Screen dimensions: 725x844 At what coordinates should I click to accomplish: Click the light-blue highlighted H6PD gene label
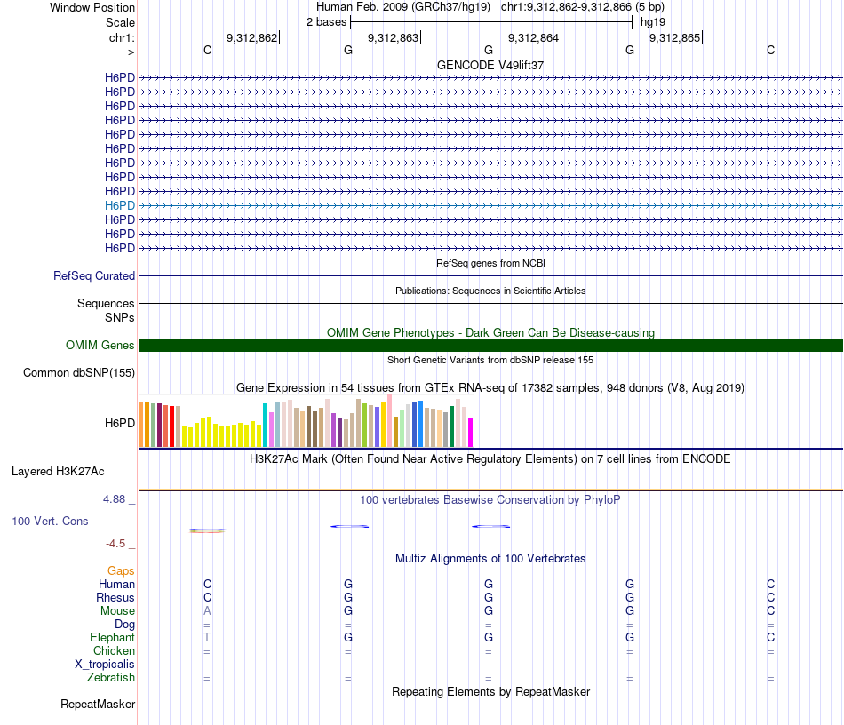tap(119, 205)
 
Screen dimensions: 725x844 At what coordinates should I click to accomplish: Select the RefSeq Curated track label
tap(94, 276)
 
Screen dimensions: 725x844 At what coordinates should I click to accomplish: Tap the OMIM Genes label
tap(100, 346)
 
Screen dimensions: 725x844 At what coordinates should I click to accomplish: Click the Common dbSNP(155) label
tap(79, 373)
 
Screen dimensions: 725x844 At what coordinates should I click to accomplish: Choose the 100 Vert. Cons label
tap(51, 521)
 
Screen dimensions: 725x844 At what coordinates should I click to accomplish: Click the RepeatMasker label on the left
tap(98, 705)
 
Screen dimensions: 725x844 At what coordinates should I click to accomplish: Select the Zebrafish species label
tap(111, 678)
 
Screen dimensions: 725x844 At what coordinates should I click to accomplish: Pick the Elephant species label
tap(112, 638)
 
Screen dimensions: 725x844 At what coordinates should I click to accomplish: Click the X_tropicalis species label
tap(105, 665)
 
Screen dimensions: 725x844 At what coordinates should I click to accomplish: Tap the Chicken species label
tap(114, 651)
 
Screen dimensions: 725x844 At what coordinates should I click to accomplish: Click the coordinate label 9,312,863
tap(393, 38)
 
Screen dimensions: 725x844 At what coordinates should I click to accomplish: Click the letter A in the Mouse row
tap(207, 611)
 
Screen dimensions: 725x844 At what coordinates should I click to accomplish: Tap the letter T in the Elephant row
tap(207, 638)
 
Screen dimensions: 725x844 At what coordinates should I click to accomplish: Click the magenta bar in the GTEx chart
tap(470, 433)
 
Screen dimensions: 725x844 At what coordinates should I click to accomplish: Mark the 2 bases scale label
tap(327, 21)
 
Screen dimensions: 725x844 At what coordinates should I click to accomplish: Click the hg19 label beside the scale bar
tap(653, 21)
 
